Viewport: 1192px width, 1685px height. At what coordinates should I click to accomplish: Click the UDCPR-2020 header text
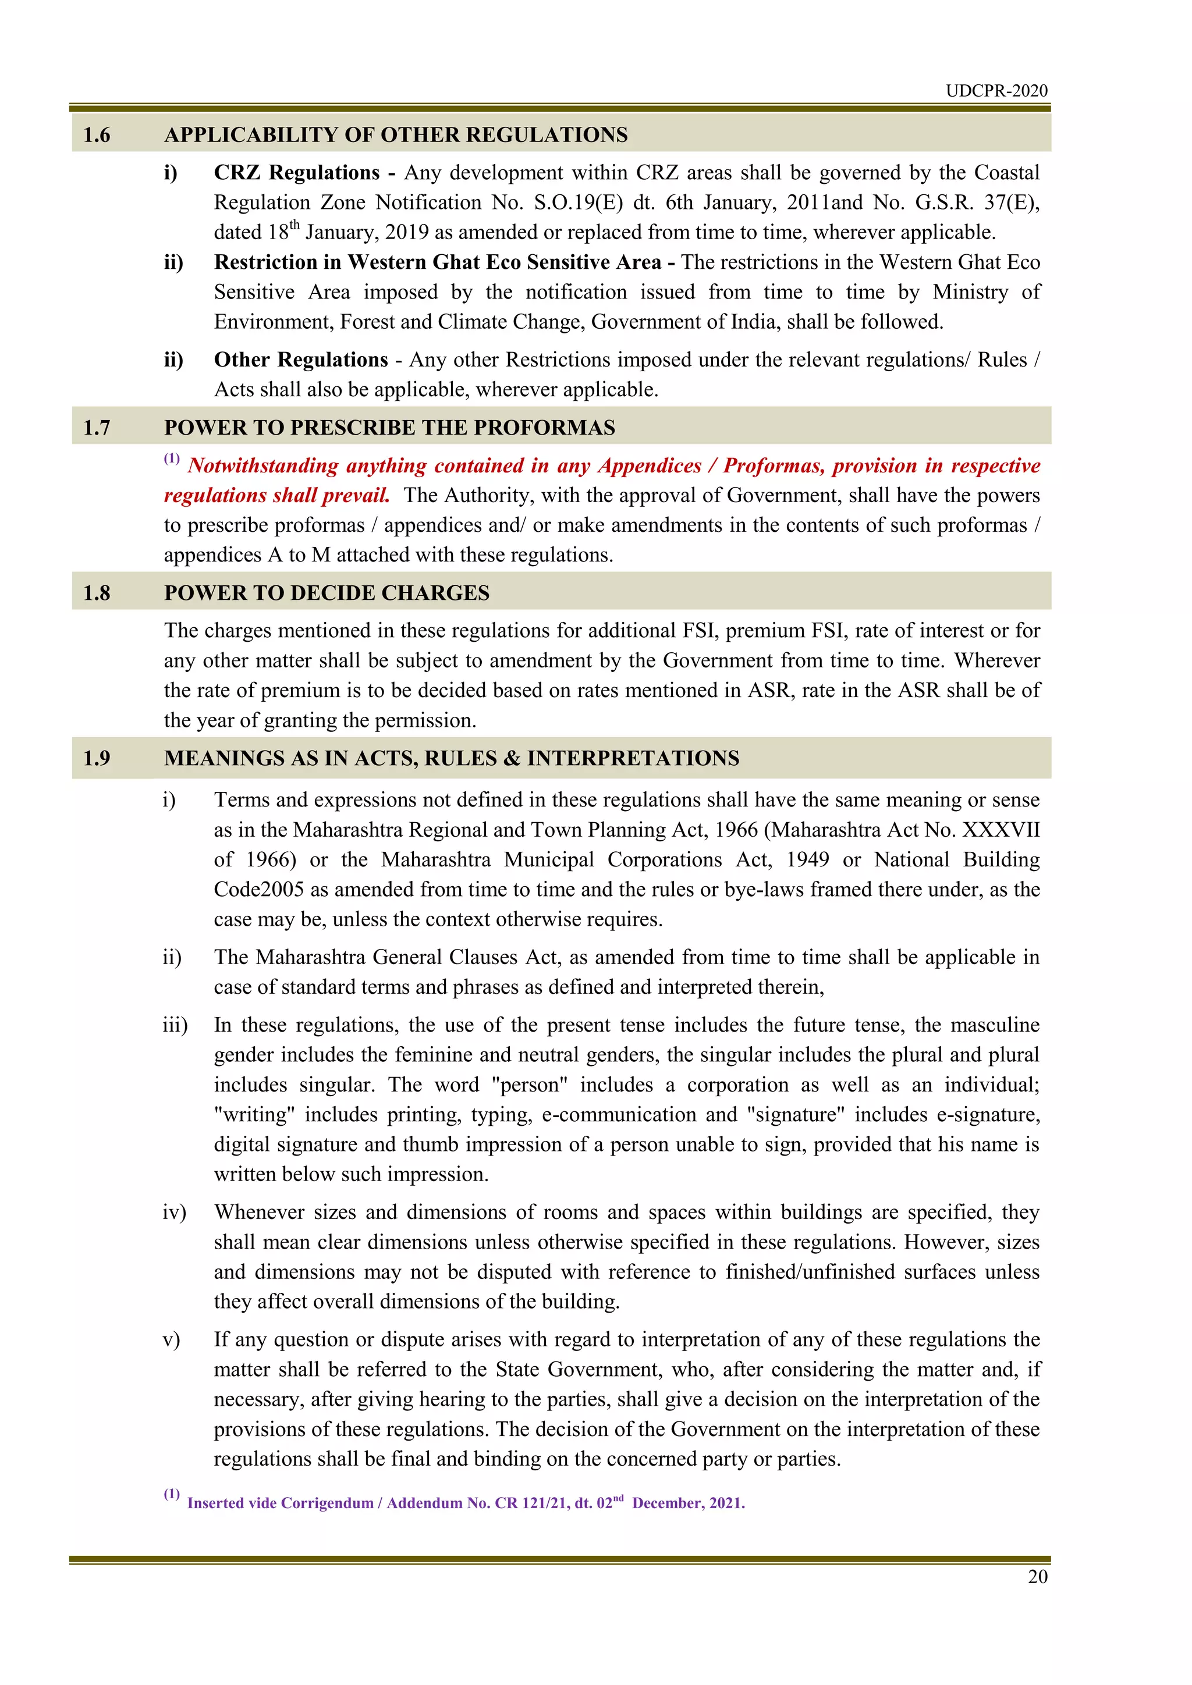tap(996, 90)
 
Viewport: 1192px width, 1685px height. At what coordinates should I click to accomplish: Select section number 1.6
tap(97, 135)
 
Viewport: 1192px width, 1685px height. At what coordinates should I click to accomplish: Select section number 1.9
tap(97, 758)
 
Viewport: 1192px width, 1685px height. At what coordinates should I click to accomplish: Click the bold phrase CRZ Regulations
tap(296, 172)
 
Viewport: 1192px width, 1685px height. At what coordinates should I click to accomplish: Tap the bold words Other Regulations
tap(301, 360)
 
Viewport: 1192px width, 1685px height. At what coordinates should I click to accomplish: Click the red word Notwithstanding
tap(261, 466)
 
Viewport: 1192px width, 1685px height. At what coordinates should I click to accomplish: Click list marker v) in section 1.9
tap(171, 1340)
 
